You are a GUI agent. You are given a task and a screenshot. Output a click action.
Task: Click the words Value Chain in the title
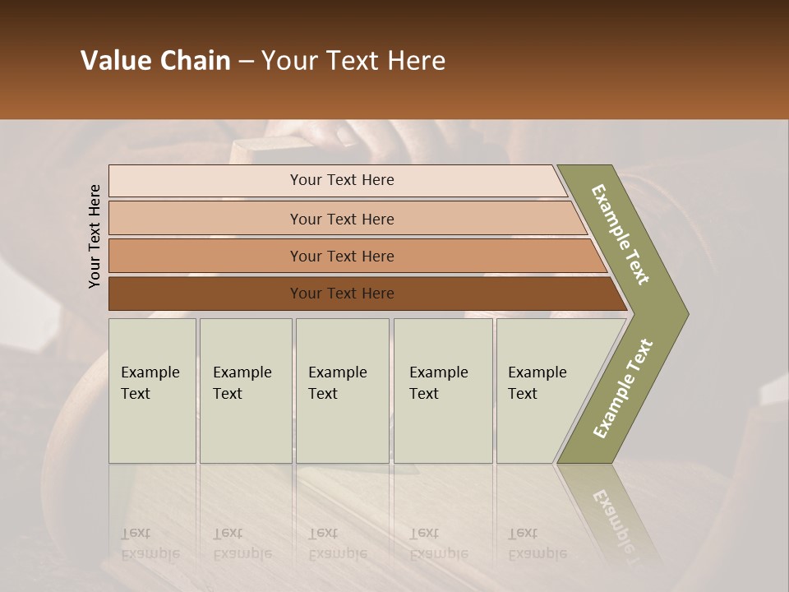coord(155,61)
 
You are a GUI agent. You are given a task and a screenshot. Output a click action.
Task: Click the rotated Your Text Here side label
coord(95,236)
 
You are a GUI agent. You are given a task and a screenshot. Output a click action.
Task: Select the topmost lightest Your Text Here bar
coord(342,180)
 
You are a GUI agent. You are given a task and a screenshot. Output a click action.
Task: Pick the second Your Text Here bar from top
coord(342,219)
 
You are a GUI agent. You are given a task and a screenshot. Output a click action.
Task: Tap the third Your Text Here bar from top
coord(342,256)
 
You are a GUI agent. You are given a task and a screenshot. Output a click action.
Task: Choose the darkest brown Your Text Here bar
coord(342,294)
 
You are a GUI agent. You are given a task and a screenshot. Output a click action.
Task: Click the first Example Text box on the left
coord(152,390)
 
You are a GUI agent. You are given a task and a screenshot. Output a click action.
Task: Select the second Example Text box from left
coord(245,390)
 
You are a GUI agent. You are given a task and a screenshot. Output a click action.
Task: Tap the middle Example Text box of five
coord(342,390)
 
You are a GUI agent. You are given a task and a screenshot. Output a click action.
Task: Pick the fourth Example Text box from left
coord(442,390)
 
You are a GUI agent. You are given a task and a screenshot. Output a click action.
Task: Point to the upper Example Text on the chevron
coord(621,234)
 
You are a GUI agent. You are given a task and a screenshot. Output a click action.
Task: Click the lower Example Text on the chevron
coord(622,388)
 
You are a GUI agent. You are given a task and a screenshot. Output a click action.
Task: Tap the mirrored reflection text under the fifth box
coord(537,543)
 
